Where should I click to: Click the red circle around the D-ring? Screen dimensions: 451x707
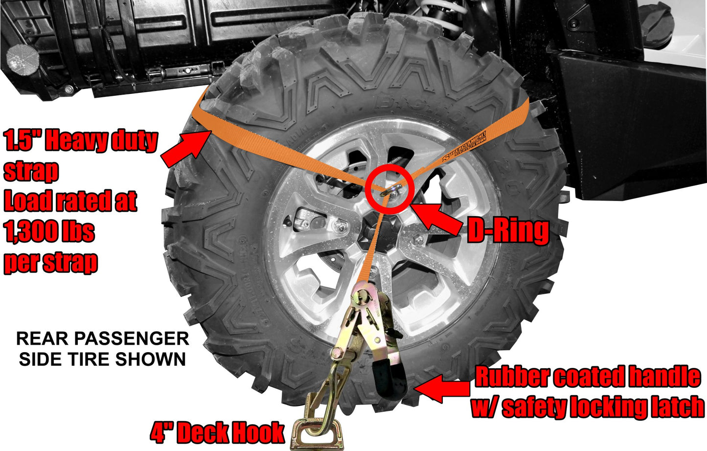click(390, 169)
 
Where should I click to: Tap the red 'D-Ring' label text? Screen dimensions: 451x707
click(508, 231)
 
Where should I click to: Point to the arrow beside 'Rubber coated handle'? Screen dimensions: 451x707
click(443, 388)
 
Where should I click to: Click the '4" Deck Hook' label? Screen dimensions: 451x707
click(217, 433)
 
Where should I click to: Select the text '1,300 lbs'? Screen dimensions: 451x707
click(49, 231)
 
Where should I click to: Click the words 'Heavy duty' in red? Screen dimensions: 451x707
click(101, 141)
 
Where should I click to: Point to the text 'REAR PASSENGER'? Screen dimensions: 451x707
click(102, 338)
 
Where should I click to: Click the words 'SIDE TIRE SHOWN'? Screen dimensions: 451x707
click(102, 360)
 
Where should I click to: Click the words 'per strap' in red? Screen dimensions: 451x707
click(51, 263)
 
